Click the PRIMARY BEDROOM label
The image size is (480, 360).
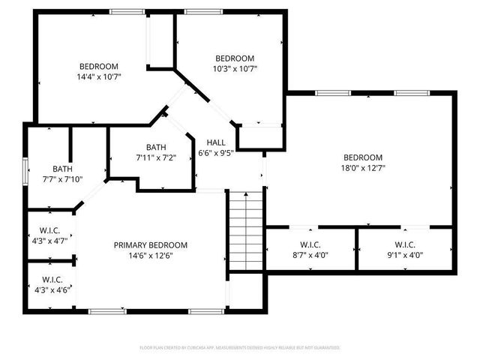[x=151, y=245]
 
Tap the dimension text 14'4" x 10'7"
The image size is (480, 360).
[x=99, y=76]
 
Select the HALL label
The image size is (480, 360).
[x=216, y=142]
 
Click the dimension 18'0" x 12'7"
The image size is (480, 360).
[x=363, y=168]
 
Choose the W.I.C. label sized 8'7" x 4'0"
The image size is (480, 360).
[x=310, y=244]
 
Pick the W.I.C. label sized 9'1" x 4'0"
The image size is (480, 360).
[x=405, y=244]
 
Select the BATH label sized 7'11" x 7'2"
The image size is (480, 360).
[x=156, y=147]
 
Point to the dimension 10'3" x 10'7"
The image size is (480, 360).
[x=235, y=69]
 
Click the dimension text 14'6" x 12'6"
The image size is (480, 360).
[x=151, y=256]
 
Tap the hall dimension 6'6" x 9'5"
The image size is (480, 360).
[x=216, y=152]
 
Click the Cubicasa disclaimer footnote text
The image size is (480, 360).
[x=240, y=347]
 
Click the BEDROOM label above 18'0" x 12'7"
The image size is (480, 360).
[x=363, y=157]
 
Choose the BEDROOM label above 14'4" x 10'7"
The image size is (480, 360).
[x=99, y=66]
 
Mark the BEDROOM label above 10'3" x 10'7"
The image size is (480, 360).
[x=235, y=58]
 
